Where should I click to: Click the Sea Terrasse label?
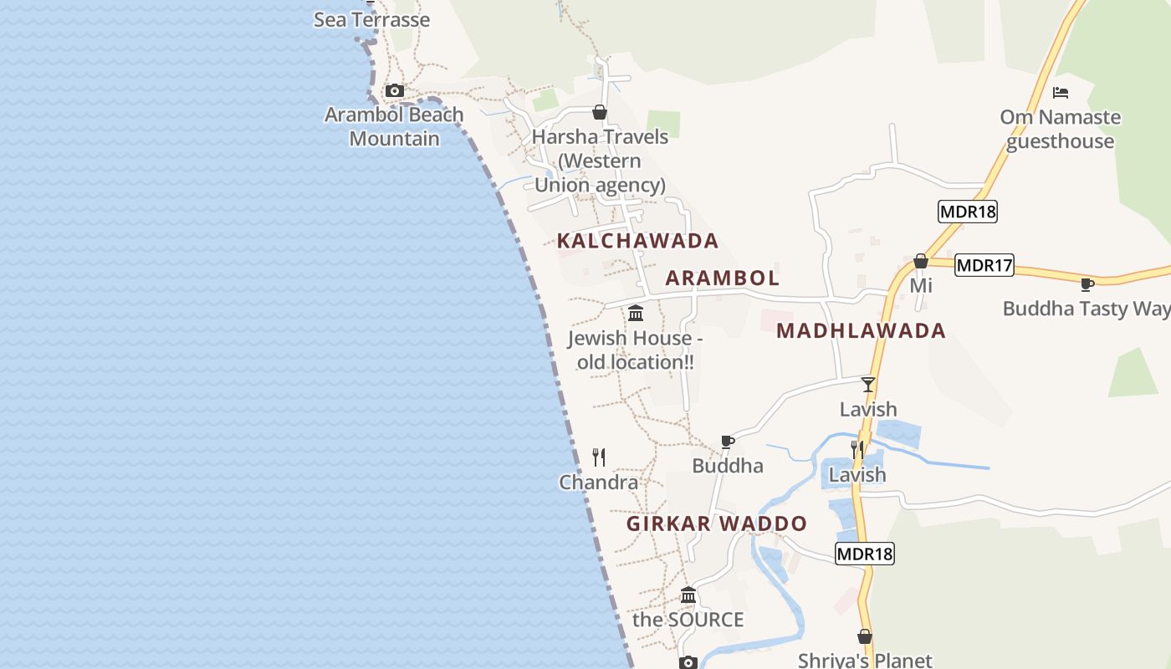coord(371,19)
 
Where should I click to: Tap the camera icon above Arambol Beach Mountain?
coord(395,91)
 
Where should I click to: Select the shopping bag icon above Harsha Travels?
coord(600,112)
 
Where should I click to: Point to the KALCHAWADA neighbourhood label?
coord(637,241)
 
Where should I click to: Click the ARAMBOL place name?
coord(722,278)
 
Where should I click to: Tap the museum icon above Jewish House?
coord(636,314)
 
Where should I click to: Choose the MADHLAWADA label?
coord(861,330)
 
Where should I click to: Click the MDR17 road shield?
coord(984,266)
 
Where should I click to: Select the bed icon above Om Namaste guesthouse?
coord(1061,93)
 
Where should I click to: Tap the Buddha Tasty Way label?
coord(1086,309)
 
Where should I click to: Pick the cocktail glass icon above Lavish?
coord(868,385)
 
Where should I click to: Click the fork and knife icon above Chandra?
coord(599,457)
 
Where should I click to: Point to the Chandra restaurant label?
coord(598,483)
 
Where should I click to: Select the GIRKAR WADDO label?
coord(717,524)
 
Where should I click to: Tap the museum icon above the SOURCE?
coord(688,595)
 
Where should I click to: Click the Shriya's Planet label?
coord(864,660)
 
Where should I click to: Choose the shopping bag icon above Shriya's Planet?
coord(865,637)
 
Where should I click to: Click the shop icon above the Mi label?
coord(921,262)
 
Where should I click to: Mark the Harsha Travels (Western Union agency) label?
coord(600,161)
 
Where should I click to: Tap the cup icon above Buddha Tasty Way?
coord(1087,284)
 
